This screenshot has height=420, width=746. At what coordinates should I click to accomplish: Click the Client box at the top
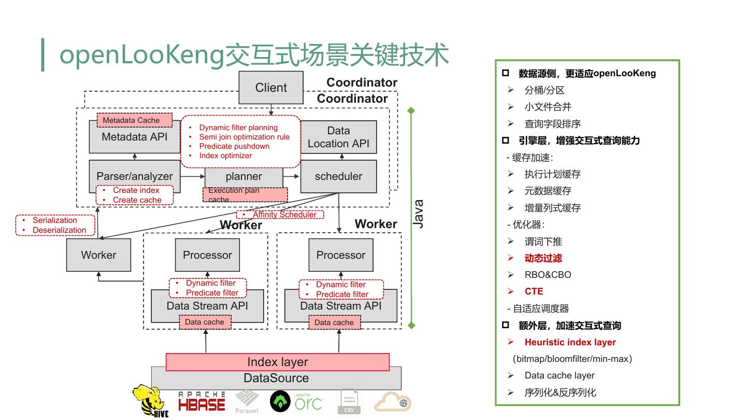(x=271, y=88)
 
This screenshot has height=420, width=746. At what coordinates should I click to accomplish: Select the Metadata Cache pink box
(x=135, y=120)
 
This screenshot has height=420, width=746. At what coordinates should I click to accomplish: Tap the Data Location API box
(x=338, y=137)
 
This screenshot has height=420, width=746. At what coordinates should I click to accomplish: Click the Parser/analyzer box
(x=135, y=176)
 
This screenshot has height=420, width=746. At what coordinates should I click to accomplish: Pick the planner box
(x=244, y=177)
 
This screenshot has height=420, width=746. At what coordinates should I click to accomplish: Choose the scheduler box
(x=338, y=176)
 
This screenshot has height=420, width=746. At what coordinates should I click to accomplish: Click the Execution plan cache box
(x=245, y=194)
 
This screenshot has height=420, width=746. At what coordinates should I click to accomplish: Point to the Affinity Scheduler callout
(x=280, y=214)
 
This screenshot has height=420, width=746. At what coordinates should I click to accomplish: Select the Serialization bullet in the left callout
(x=55, y=220)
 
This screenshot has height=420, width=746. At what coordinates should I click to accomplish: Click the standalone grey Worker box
(x=98, y=255)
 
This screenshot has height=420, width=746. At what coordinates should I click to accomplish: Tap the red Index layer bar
(x=277, y=362)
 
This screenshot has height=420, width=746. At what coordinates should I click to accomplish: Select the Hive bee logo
(x=150, y=401)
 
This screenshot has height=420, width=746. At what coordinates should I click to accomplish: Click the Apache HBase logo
(x=202, y=402)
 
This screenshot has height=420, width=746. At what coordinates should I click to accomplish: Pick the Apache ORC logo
(x=296, y=401)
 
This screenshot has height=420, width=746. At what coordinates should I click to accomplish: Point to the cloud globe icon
(x=393, y=402)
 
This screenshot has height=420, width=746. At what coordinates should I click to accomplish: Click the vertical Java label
(x=418, y=214)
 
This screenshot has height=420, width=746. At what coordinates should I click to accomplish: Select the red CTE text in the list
(x=534, y=291)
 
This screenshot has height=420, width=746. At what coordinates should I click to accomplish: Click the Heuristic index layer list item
(x=570, y=342)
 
